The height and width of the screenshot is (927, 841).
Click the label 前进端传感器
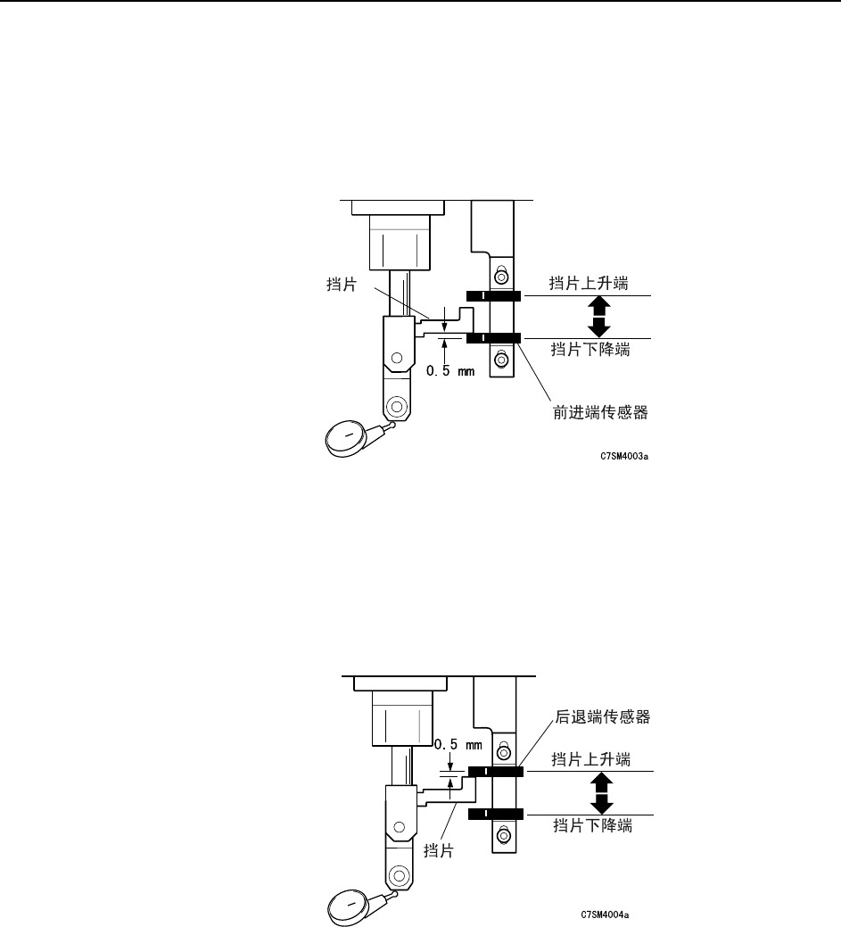pyautogui.click(x=600, y=412)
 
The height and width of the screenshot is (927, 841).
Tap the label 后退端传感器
pyautogui.click(x=602, y=716)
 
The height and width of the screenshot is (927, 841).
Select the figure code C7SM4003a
pyautogui.click(x=624, y=457)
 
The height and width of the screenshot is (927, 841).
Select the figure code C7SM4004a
pyautogui.click(x=605, y=915)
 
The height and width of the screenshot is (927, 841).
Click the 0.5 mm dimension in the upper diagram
pyautogui.click(x=450, y=370)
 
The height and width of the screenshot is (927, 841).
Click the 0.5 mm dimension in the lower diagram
pyautogui.click(x=458, y=745)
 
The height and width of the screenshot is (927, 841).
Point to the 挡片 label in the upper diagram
pyautogui.click(x=342, y=284)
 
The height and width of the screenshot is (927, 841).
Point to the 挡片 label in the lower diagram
pyautogui.click(x=439, y=851)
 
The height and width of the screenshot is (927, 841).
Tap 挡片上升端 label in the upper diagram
pyautogui.click(x=589, y=283)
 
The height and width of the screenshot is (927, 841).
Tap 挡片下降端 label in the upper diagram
pyautogui.click(x=590, y=349)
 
